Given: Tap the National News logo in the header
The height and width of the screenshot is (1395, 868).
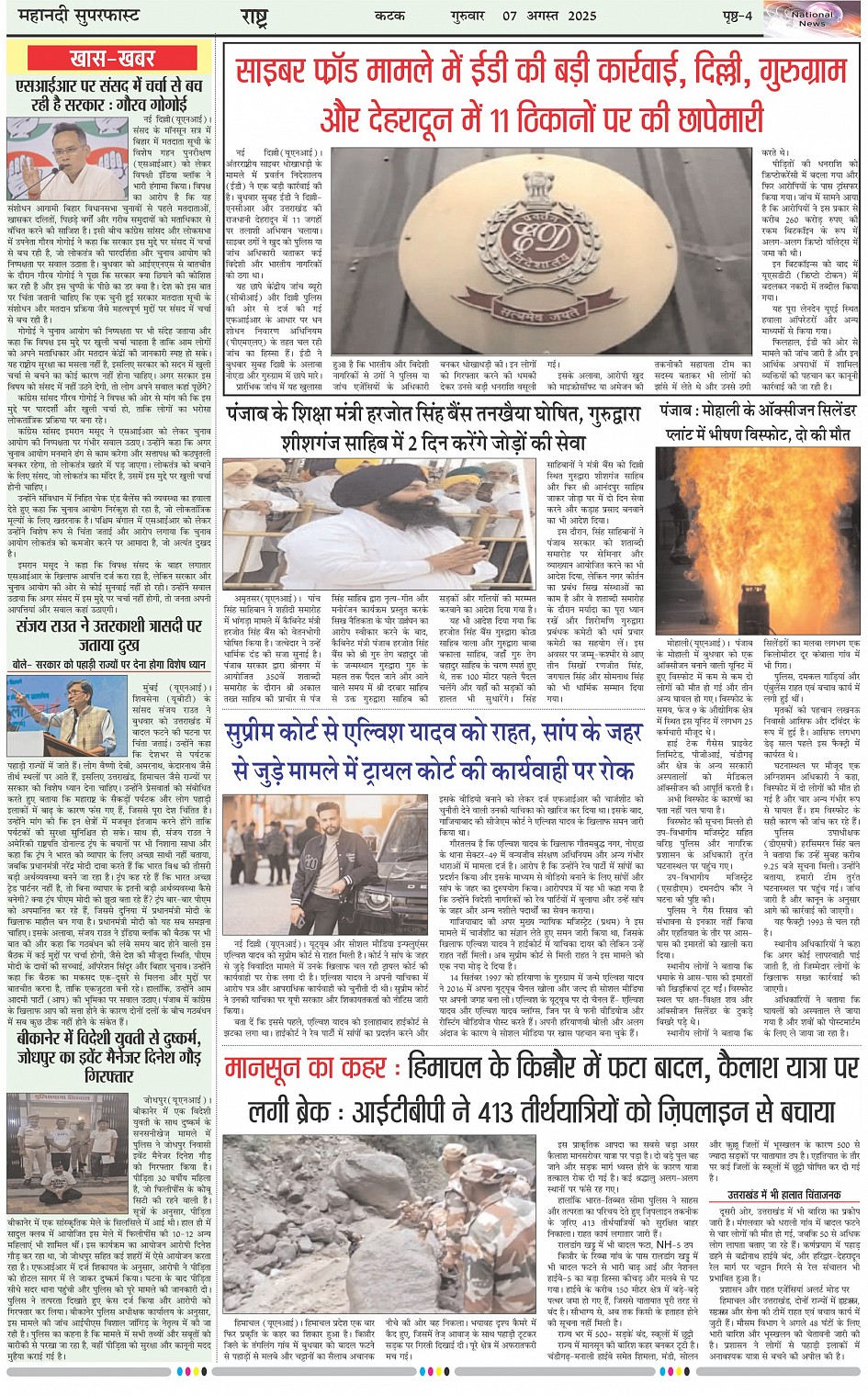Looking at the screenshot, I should (x=811, y=18).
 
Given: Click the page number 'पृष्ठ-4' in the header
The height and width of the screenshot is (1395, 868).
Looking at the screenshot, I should (x=736, y=16).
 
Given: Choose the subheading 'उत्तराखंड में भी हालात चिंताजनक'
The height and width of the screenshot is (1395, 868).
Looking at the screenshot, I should (x=783, y=1195).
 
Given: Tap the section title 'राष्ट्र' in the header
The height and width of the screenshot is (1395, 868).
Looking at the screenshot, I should (x=254, y=17).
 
